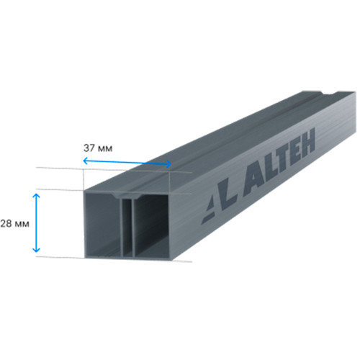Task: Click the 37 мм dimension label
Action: click(x=98, y=148)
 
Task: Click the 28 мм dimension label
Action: click(x=15, y=224)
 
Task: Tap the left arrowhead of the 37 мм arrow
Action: click(x=85, y=161)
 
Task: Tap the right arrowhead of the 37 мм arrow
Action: click(x=168, y=164)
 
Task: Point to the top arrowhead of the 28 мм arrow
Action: click(x=36, y=196)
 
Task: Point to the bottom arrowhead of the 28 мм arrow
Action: click(x=36, y=250)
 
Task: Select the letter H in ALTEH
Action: click(x=306, y=142)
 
